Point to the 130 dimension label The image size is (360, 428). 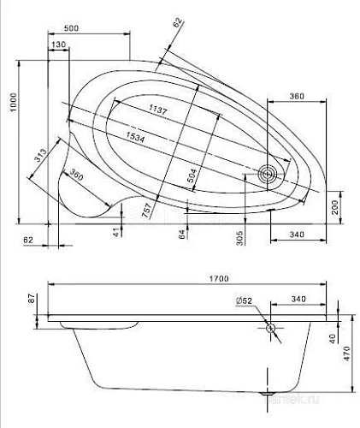58,45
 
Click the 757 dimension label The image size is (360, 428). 148,208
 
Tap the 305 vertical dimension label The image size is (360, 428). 239,236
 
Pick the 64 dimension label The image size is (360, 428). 182,233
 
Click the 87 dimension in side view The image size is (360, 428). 32,300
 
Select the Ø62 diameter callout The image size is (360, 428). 243,300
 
